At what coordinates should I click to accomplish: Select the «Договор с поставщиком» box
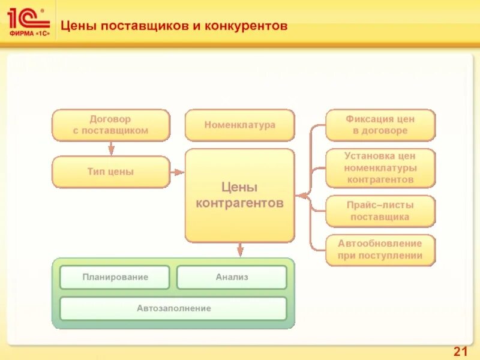110,125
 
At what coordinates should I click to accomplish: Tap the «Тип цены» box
110,172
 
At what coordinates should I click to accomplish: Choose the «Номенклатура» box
239,125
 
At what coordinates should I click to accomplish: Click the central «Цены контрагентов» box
239,196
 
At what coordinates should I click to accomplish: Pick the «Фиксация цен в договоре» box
380,125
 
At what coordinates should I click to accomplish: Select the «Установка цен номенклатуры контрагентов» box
380,168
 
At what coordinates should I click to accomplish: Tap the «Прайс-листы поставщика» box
380,211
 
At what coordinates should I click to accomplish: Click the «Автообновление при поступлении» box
380,250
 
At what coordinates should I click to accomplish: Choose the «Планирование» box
115,277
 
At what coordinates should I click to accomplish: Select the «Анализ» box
232,277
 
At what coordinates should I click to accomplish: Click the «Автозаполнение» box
173,308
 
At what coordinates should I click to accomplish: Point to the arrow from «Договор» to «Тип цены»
111,149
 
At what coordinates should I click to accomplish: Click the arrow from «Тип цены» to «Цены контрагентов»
178,172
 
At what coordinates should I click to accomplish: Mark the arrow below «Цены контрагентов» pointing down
240,250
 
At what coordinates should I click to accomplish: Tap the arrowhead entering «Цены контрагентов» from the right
300,196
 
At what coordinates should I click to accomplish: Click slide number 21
460,350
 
